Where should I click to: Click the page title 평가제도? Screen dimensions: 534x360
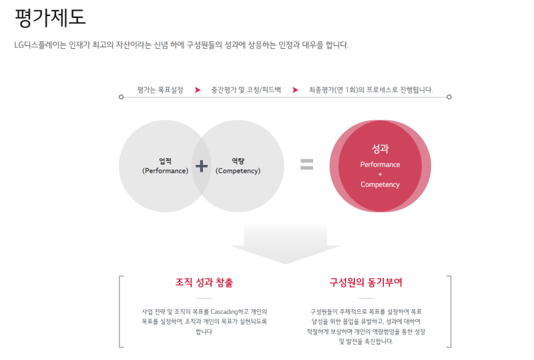[50, 17]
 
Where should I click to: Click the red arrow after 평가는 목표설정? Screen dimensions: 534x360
[198, 90]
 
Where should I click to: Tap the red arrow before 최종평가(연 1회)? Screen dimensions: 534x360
[295, 90]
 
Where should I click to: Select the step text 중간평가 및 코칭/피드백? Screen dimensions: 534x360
[246, 90]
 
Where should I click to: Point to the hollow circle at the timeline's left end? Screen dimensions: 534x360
[121, 97]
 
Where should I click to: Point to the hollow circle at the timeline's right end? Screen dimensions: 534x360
[449, 97]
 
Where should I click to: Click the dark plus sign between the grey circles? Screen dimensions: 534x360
[202, 166]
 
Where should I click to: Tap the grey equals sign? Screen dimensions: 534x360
[306, 164]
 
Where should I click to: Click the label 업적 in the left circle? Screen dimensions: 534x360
[165, 161]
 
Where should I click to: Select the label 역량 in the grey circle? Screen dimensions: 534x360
[238, 161]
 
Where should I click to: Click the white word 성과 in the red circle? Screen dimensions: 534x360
[380, 149]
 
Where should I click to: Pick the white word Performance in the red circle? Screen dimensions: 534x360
[380, 165]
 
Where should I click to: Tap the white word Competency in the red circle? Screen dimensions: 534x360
[380, 184]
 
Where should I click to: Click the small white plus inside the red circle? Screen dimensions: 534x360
[380, 174]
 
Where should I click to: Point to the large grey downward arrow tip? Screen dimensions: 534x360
[286, 264]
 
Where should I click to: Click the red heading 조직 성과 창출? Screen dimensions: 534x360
[204, 283]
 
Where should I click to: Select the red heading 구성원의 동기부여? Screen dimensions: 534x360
[366, 283]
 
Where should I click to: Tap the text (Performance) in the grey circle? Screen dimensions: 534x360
[165, 171]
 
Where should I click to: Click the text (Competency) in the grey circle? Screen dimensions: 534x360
[238, 171]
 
